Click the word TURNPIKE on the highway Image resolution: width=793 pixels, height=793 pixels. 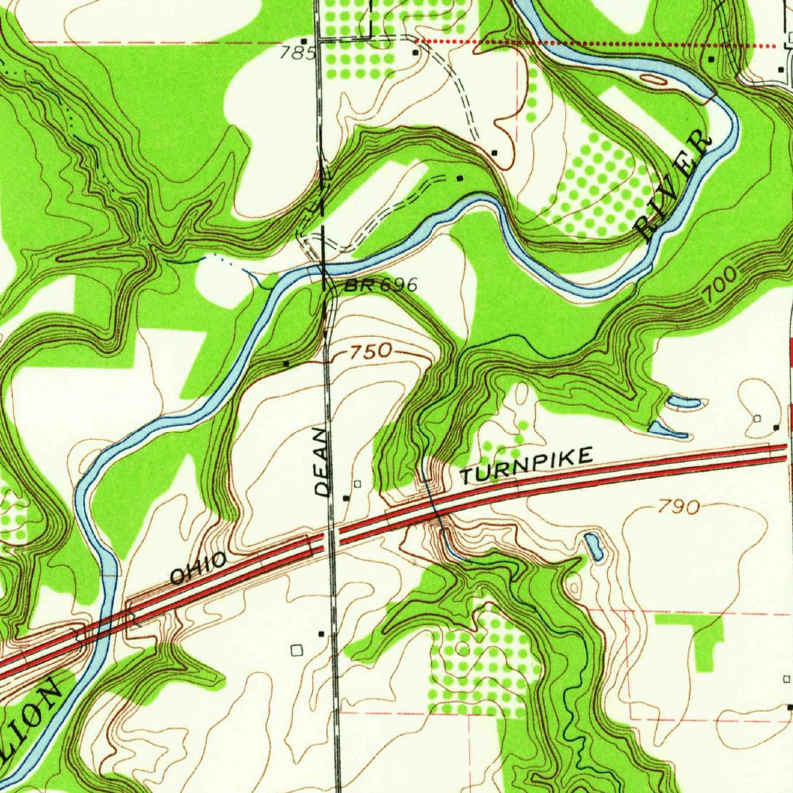[527, 465]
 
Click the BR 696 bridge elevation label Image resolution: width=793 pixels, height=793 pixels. [381, 286]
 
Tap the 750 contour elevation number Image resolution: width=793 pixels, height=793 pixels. [370, 353]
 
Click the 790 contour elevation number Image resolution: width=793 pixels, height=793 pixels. [679, 507]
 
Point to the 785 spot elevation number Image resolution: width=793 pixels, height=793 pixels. [300, 53]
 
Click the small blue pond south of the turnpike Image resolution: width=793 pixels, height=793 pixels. [594, 547]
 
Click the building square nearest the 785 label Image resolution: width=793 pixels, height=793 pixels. [304, 40]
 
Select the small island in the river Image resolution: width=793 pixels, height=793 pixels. [653, 79]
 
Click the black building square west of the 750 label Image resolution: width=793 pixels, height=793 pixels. [286, 362]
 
